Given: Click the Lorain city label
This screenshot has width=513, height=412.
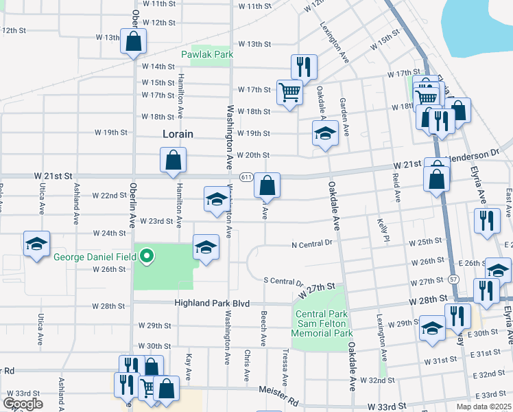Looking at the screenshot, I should pos(178,134).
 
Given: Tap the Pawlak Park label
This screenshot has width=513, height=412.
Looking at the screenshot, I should pos(207,54).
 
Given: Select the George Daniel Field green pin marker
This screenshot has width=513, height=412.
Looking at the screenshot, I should pos(146,257).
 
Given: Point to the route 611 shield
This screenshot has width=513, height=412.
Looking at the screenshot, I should pos(245,176).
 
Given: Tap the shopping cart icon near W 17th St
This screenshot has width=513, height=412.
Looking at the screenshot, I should pos(290,91).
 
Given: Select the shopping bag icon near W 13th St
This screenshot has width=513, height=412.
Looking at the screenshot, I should pos(133,41).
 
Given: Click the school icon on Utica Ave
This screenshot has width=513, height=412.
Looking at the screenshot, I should pos(36,243).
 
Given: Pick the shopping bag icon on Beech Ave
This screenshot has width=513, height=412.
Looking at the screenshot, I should pos(267,185).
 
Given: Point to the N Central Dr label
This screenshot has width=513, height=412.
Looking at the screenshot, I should pos(311,243).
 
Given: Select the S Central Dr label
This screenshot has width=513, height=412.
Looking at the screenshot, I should pos(283,281).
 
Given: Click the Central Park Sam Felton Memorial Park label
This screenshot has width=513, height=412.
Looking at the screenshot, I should pos(322,323).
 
